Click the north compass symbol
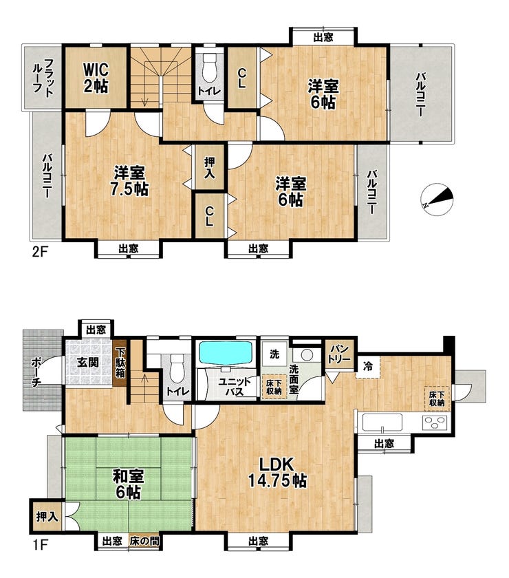[x=437, y=200]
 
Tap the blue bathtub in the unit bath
[x=226, y=353]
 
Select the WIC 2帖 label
[x=96, y=77]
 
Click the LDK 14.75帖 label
[x=277, y=472]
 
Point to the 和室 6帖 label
[x=128, y=484]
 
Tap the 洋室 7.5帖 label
[x=129, y=180]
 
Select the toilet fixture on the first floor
[x=177, y=370]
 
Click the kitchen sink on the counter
[x=382, y=422]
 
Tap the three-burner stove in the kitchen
[x=435, y=422]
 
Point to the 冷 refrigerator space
[x=368, y=366]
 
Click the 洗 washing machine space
[x=274, y=354]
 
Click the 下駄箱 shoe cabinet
[x=120, y=363]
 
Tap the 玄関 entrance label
[x=88, y=362]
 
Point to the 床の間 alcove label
[x=144, y=542]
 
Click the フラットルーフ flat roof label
[x=43, y=77]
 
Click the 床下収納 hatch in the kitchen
[x=437, y=398]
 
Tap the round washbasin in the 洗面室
[x=307, y=355]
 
